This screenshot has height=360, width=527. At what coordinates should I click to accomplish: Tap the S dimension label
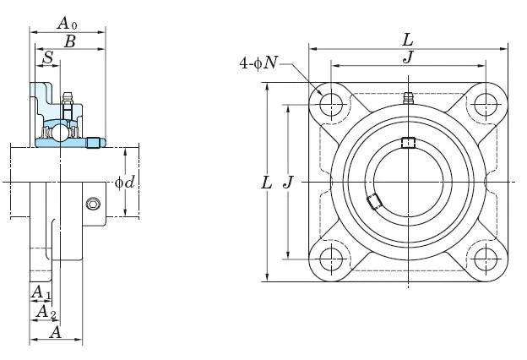coord(48,57)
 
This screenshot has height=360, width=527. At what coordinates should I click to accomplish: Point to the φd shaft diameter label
coord(124,183)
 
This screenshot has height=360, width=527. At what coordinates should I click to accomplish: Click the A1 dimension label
coord(41,292)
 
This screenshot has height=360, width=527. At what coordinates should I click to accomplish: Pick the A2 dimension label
coord(46,312)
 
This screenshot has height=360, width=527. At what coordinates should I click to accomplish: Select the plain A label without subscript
coord(55,332)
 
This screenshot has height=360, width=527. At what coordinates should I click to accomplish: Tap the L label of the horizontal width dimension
coord(408,39)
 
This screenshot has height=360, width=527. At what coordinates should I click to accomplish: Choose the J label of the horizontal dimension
coord(409,57)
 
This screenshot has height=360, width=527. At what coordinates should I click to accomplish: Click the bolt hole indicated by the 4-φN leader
coord(329,104)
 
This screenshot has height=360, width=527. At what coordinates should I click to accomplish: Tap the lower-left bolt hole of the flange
coord(329,259)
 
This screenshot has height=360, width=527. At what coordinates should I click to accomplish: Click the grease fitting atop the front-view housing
coord(407,97)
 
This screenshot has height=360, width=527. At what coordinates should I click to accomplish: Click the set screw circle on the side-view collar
coord(93,204)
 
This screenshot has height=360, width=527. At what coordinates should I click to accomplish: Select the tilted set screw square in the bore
coord(373,200)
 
